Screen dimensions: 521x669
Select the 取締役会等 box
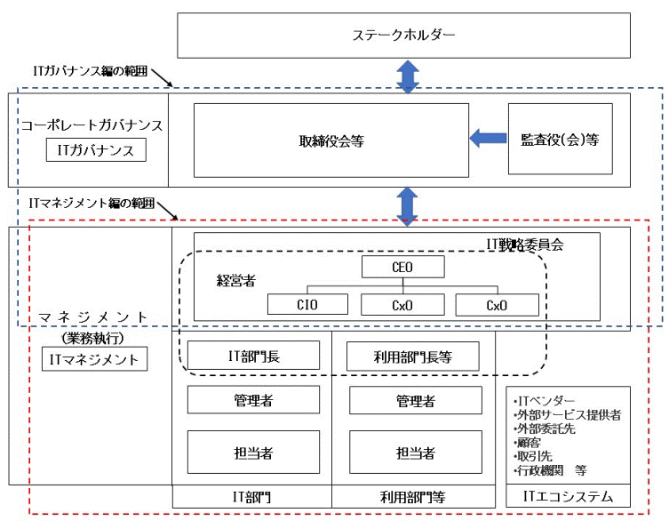point(331,140)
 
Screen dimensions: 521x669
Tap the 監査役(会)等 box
point(560,139)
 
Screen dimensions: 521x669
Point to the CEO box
point(402,267)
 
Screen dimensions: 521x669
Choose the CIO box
point(307,305)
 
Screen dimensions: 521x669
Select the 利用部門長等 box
point(412,357)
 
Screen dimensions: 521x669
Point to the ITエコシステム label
point(568,496)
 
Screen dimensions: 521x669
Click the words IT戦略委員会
point(538,243)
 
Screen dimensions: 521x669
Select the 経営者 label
point(235,280)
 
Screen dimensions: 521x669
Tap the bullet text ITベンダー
point(545,401)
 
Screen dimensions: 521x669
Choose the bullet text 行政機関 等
point(551,470)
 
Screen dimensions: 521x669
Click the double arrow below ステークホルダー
point(407,76)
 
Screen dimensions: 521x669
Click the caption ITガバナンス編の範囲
point(88,68)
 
